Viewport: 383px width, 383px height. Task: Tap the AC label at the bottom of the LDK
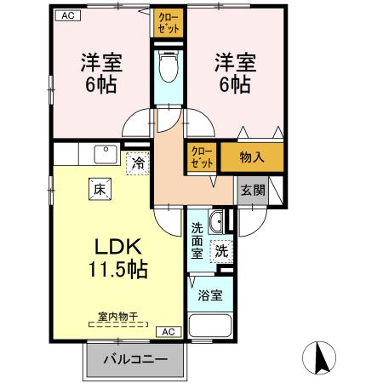pyautogui.click(x=168, y=331)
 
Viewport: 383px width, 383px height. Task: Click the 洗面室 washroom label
pyautogui.click(x=197, y=241)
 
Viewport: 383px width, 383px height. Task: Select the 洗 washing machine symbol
pyautogui.click(x=220, y=251)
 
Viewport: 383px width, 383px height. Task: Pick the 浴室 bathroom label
pyautogui.click(x=211, y=295)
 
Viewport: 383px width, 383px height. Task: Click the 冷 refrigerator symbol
pyautogui.click(x=136, y=160)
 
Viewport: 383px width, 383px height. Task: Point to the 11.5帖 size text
pyautogui.click(x=117, y=271)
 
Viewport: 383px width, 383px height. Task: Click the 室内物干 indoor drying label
pyautogui.click(x=117, y=317)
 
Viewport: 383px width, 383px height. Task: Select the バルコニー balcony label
pyautogui.click(x=134, y=358)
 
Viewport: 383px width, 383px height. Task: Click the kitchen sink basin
pyautogui.click(x=106, y=154)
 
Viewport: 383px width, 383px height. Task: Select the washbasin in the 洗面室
pyautogui.click(x=215, y=223)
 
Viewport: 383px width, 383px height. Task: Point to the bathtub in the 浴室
pyautogui.click(x=209, y=325)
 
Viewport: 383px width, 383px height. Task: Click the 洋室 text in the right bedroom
pyautogui.click(x=234, y=61)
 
